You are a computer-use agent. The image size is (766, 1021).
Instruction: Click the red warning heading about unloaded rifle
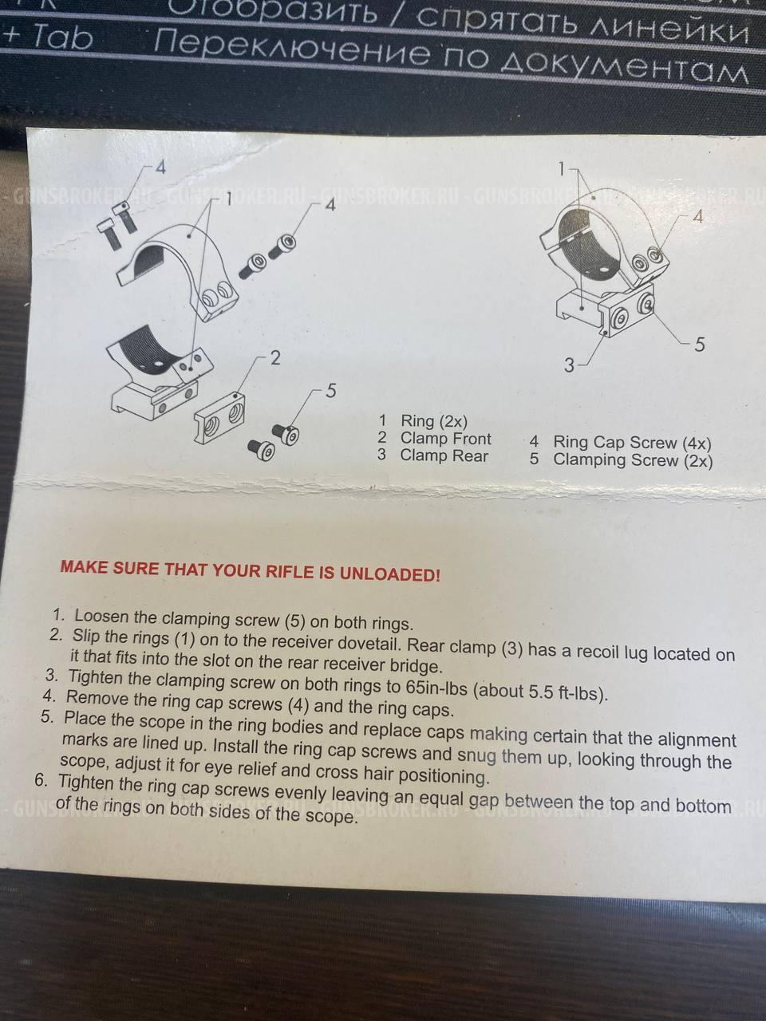pyautogui.click(x=251, y=571)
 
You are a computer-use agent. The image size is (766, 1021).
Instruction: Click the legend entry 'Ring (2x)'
pyautogui.click(x=434, y=421)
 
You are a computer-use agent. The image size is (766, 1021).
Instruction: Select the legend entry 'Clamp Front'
pyautogui.click(x=445, y=438)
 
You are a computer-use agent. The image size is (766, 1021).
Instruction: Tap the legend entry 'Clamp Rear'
pyautogui.click(x=444, y=455)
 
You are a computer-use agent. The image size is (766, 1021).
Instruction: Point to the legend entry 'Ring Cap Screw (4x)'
pyautogui.click(x=632, y=443)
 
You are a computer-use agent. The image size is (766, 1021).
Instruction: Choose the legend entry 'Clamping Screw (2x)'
pyautogui.click(x=633, y=460)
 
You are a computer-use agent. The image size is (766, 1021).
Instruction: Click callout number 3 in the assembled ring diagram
pyautogui.click(x=569, y=365)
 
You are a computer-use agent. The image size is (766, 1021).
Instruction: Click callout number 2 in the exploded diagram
pyautogui.click(x=275, y=358)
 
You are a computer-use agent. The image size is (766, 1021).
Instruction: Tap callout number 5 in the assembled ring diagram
pyautogui.click(x=700, y=345)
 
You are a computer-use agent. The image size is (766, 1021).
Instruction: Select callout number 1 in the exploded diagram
pyautogui.click(x=228, y=199)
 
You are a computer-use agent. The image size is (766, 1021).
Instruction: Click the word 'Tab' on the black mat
pyautogui.click(x=62, y=38)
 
